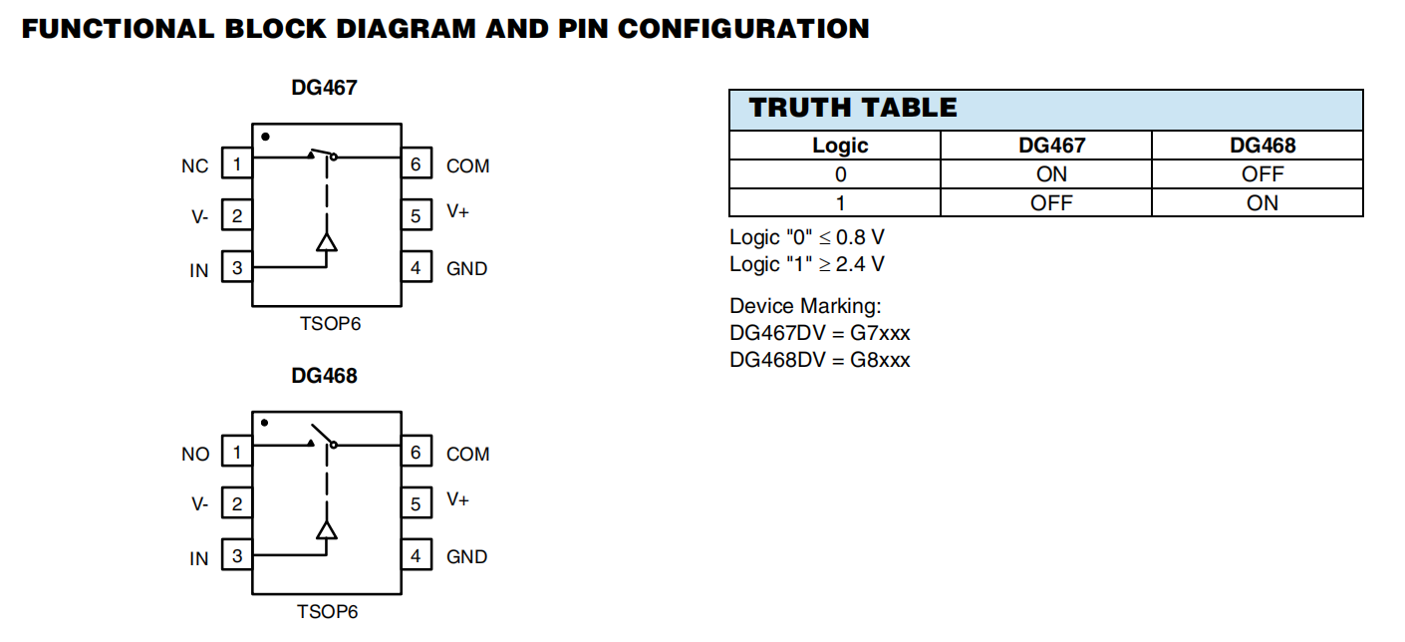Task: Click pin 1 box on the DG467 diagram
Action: (236, 163)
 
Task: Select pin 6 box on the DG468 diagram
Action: (417, 452)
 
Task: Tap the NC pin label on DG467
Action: (195, 166)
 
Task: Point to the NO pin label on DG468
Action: (195, 455)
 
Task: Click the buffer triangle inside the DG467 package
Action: (326, 242)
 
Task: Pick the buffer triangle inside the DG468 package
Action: (326, 529)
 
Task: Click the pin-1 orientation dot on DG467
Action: (265, 137)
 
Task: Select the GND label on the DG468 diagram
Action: (467, 556)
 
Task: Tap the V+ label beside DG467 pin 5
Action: (458, 211)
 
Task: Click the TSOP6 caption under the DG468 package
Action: (327, 611)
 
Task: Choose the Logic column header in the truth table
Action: (840, 146)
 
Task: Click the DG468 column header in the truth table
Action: (1263, 146)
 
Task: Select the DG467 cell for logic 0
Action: (1051, 174)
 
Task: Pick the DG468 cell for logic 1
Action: (1263, 202)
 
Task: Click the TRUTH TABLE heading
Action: (853, 108)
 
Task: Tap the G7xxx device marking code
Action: (880, 332)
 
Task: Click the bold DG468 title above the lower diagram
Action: (324, 376)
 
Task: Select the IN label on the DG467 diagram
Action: (199, 270)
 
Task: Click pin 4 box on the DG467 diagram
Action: (417, 267)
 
